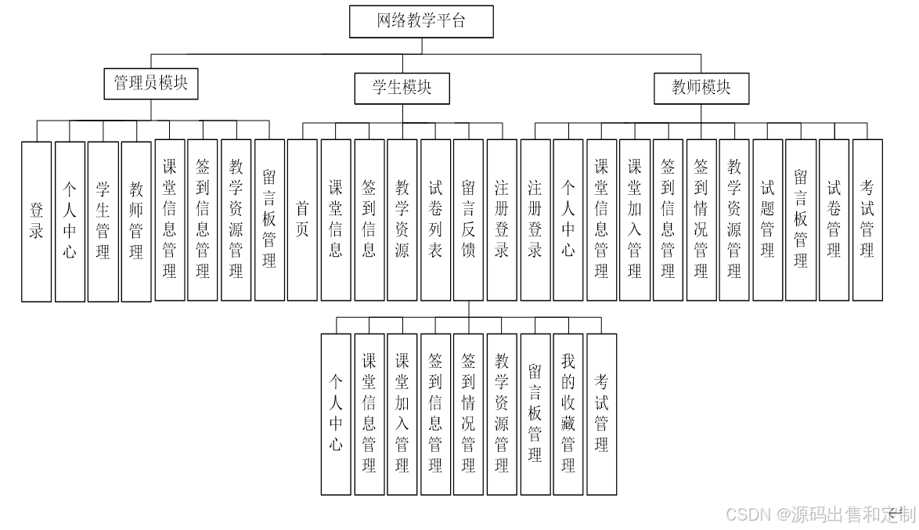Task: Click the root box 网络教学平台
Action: pos(421,21)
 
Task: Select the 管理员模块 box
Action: pos(151,83)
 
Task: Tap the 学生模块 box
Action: pos(402,88)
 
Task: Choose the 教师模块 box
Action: pos(701,88)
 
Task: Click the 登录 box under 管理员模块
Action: pos(37,221)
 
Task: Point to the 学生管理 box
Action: pos(103,221)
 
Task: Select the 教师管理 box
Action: pos(136,221)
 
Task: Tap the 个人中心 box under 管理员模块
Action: pos(70,221)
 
